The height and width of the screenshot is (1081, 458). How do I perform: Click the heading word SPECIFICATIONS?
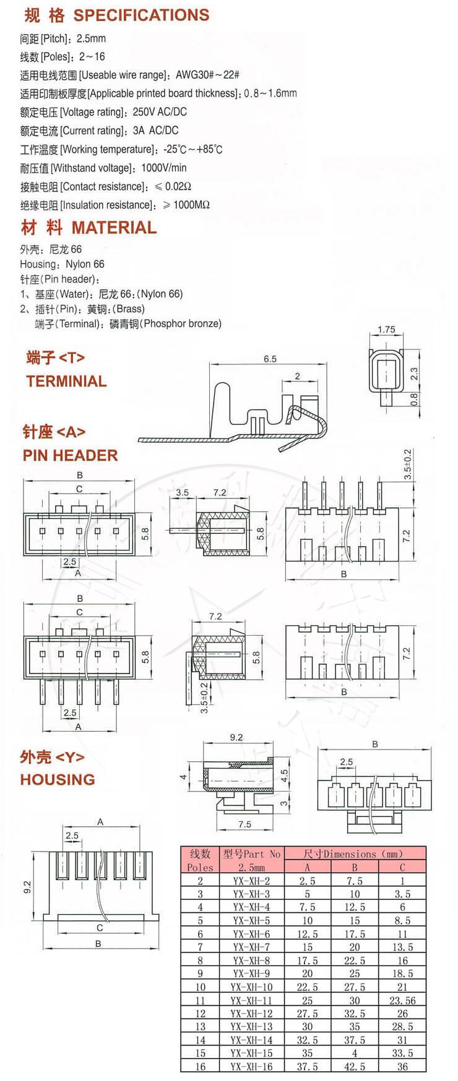(141, 15)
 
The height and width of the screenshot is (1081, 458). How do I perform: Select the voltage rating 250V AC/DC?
(160, 112)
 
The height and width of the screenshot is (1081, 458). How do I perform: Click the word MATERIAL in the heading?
(114, 228)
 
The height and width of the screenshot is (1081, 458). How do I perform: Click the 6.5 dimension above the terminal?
(270, 359)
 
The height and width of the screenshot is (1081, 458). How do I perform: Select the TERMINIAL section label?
(66, 381)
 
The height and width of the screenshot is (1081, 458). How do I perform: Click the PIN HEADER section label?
(70, 455)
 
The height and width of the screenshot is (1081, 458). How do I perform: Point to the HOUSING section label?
(58, 779)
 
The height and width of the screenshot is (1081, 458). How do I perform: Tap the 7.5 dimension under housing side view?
(244, 824)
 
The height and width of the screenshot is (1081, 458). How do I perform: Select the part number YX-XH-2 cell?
(251, 881)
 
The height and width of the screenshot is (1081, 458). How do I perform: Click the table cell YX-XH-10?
(251, 987)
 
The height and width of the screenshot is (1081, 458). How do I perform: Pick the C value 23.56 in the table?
(402, 1000)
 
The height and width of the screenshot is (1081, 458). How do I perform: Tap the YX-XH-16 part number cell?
(251, 1066)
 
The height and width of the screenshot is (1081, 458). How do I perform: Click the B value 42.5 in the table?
(354, 1066)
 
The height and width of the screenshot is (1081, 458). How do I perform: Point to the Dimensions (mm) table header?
(354, 853)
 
